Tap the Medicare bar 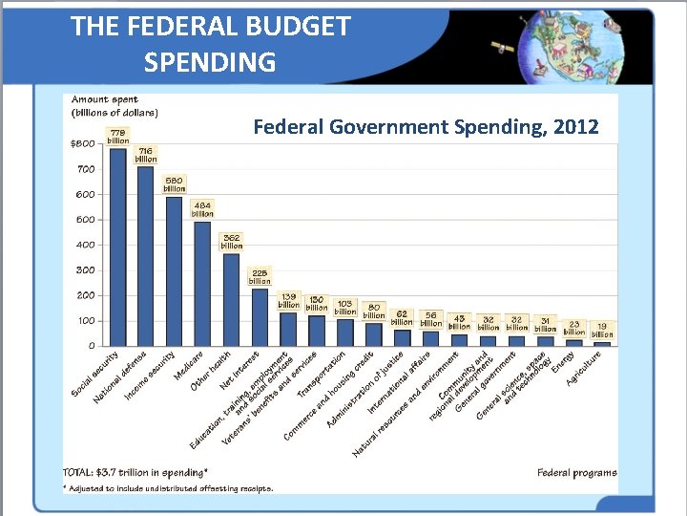click(x=202, y=283)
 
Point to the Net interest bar click(x=260, y=316)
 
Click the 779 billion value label click(x=118, y=136)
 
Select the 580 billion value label click(x=174, y=183)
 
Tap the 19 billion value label click(x=602, y=331)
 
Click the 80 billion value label click(x=374, y=312)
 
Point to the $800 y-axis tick click(x=82, y=144)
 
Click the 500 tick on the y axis click(x=85, y=220)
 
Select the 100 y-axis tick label click(x=85, y=320)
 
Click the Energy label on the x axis click(x=563, y=363)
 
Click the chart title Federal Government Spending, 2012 click(x=426, y=126)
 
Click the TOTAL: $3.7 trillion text click(x=135, y=472)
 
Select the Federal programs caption click(x=576, y=472)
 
